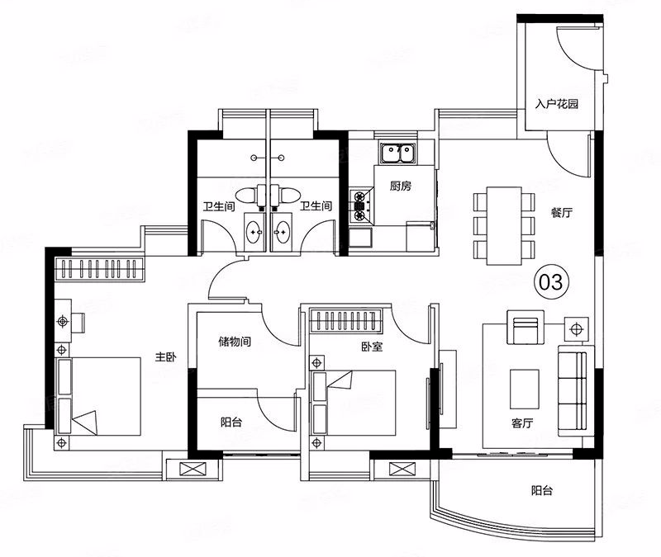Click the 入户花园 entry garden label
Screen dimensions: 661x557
pyautogui.click(x=556, y=104)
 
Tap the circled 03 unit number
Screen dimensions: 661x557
pyautogui.click(x=551, y=282)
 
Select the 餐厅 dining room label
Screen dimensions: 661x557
pyautogui.click(x=562, y=213)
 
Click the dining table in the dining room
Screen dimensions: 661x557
pyautogui.click(x=504, y=226)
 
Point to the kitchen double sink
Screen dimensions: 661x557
pyautogui.click(x=397, y=153)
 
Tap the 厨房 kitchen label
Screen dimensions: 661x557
pyautogui.click(x=400, y=186)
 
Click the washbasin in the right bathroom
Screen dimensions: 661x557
pyautogui.click(x=281, y=232)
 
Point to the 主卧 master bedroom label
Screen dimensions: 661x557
pyautogui.click(x=166, y=357)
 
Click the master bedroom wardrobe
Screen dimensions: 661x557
pyautogui.click(x=100, y=270)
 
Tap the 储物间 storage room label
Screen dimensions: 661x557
pyautogui.click(x=235, y=341)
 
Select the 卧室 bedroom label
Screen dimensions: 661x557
pyautogui.click(x=372, y=347)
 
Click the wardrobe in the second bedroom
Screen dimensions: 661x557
pyautogui.click(x=345, y=321)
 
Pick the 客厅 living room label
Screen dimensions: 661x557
pyautogui.click(x=522, y=423)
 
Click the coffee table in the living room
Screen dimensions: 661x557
pyautogui.click(x=525, y=389)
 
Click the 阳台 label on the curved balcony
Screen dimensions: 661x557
pyautogui.click(x=542, y=490)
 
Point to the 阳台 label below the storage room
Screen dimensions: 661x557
pyautogui.click(x=231, y=422)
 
